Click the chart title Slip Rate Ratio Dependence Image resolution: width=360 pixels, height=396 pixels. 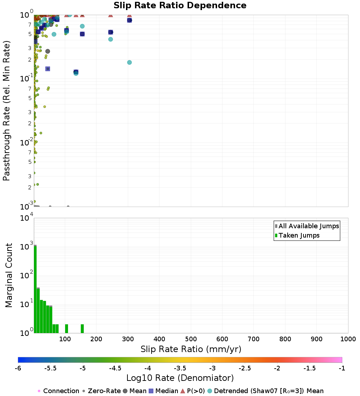180,6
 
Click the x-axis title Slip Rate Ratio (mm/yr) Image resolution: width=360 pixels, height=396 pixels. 191,349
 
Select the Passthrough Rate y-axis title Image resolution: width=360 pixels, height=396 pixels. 7,111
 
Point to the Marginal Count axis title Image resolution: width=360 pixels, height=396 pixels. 9,275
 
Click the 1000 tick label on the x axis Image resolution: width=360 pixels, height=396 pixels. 348,339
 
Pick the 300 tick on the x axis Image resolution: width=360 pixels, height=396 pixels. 128,339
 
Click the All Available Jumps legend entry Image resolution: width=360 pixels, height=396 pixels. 309,226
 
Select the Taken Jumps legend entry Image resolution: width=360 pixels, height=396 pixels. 299,235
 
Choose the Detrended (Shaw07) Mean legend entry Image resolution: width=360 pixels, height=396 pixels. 269,391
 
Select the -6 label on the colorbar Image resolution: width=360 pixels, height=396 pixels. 18,368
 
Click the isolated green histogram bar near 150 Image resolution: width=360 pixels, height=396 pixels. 82,329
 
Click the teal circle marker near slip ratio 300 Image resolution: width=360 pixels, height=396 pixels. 129,62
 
